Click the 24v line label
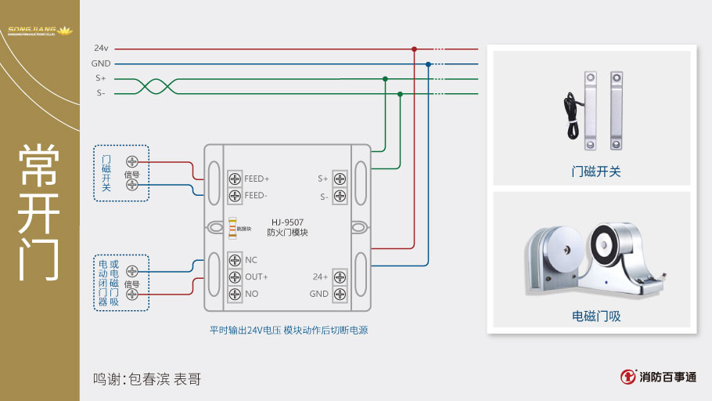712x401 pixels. (101, 49)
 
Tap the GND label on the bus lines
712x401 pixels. (101, 63)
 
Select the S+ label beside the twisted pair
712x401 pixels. (101, 78)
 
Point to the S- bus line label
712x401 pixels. (101, 93)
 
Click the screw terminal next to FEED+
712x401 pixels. (235, 178)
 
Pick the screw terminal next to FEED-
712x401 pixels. (235, 195)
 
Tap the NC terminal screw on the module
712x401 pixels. (235, 260)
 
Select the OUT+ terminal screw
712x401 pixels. (235, 277)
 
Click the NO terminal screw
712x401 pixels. (235, 294)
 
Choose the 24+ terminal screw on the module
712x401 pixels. (340, 277)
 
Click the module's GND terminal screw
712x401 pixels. (340, 294)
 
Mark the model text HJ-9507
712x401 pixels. (287, 222)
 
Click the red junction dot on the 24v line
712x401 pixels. (414, 49)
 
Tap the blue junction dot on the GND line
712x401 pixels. (428, 63)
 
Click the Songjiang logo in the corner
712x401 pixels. (39, 32)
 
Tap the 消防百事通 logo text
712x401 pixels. (667, 377)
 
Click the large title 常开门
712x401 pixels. (39, 211)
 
